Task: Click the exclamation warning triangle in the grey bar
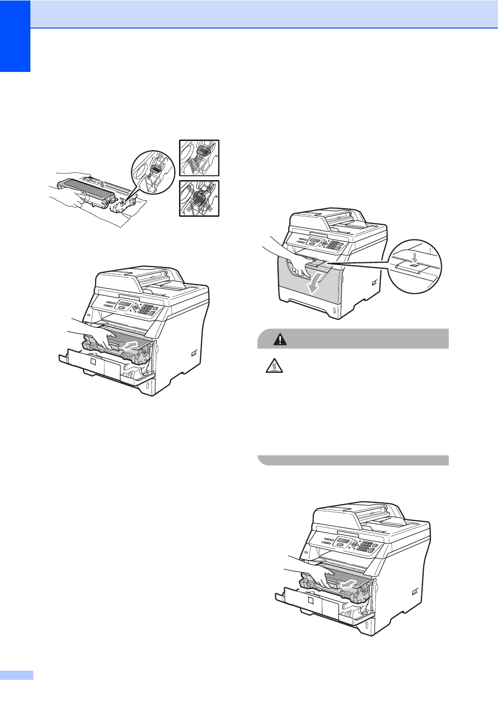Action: (279, 339)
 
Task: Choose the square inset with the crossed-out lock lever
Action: (199, 198)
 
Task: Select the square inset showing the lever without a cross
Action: (199, 158)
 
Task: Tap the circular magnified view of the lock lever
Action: (153, 172)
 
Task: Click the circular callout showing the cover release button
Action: (415, 267)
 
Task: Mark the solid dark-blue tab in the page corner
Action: (15, 36)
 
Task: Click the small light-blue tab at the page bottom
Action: (16, 675)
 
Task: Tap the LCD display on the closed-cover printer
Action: (315, 241)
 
